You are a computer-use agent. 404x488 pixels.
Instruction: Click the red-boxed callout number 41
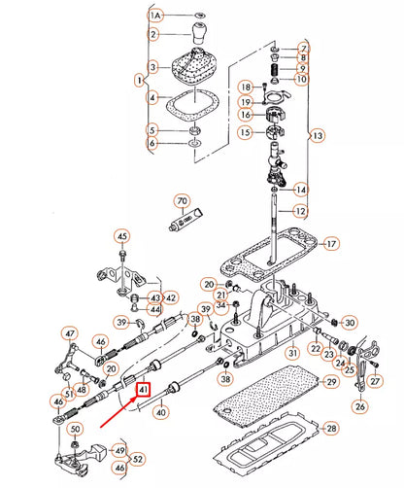(143, 390)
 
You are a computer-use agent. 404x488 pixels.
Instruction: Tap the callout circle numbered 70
(181, 202)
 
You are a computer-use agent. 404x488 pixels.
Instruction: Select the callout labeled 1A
(154, 16)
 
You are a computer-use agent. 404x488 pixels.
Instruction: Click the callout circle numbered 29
(329, 384)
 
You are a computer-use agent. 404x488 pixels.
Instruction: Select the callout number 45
(121, 235)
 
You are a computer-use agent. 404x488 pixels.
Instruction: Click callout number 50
(76, 430)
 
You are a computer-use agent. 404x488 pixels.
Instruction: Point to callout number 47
(69, 333)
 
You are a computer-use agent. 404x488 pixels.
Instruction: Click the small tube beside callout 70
(187, 223)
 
